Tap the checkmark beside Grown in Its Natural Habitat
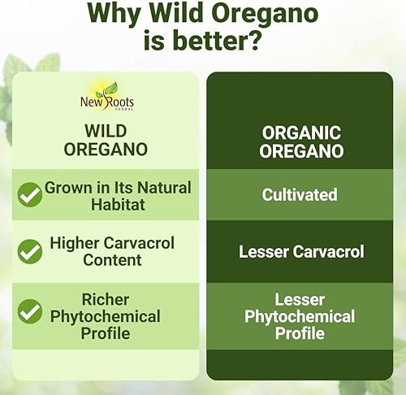(30, 195)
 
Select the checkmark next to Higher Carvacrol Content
(30, 250)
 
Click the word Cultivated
(300, 195)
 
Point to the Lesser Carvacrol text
(299, 251)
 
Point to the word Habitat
(118, 204)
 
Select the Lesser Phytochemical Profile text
(299, 316)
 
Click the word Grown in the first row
(67, 188)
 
